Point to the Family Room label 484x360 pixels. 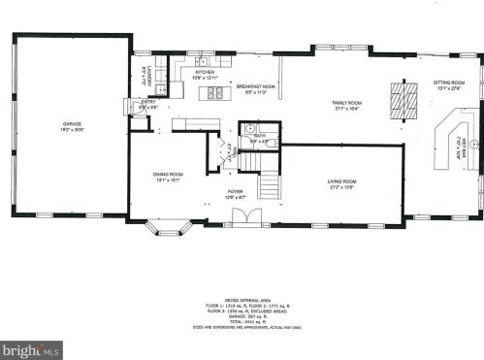(347, 104)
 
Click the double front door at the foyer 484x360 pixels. (236, 224)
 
